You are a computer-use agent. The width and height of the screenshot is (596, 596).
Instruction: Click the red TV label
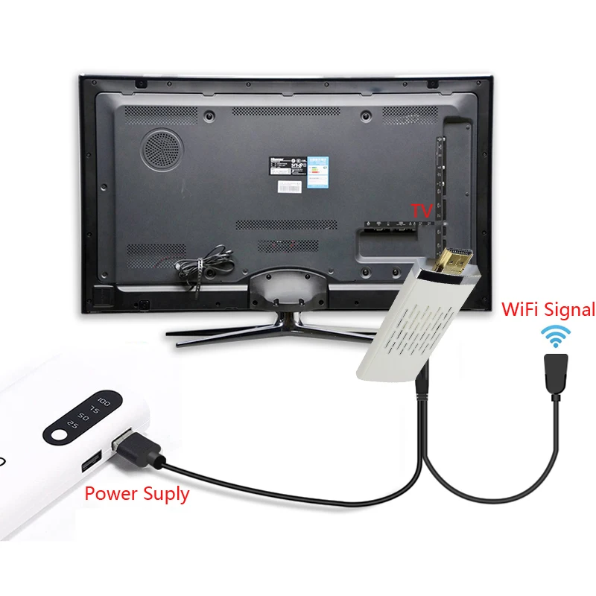point(422,212)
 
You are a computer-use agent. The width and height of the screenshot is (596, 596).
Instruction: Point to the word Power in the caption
point(111,493)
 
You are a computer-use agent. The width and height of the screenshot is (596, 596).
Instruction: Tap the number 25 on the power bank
point(72,424)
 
